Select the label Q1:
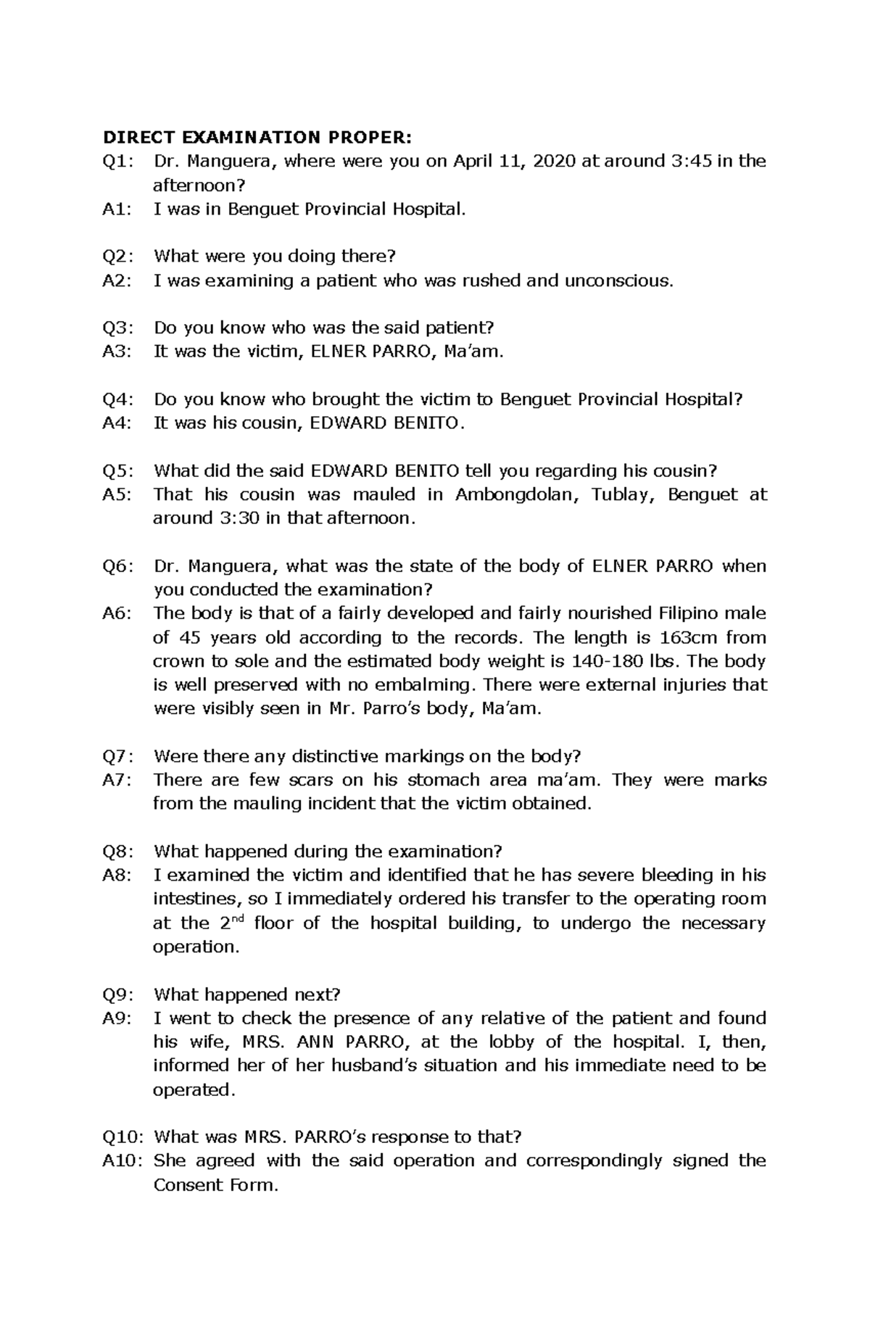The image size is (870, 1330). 117,161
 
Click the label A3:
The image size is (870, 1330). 117,352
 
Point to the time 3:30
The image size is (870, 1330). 234,519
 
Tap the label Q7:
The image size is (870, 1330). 117,757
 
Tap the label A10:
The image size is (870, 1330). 122,1161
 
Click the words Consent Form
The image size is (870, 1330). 215,1186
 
